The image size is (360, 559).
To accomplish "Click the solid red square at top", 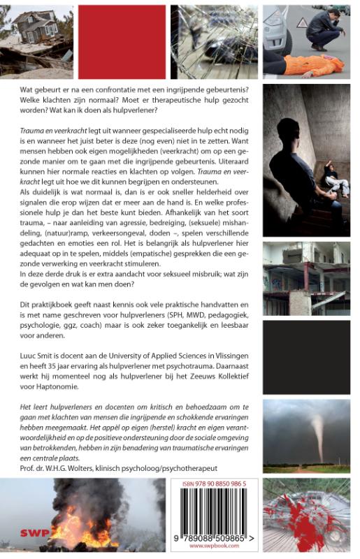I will (122, 41).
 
